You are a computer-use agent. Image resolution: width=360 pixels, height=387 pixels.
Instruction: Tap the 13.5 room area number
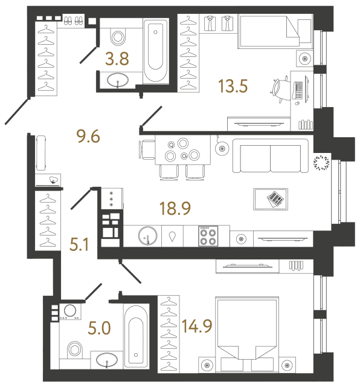233,86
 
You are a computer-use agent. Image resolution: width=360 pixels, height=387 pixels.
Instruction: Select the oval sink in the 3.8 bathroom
117,80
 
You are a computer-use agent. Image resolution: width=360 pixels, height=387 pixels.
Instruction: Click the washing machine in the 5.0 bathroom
68,311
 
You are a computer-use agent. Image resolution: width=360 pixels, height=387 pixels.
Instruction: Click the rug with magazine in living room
271,198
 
